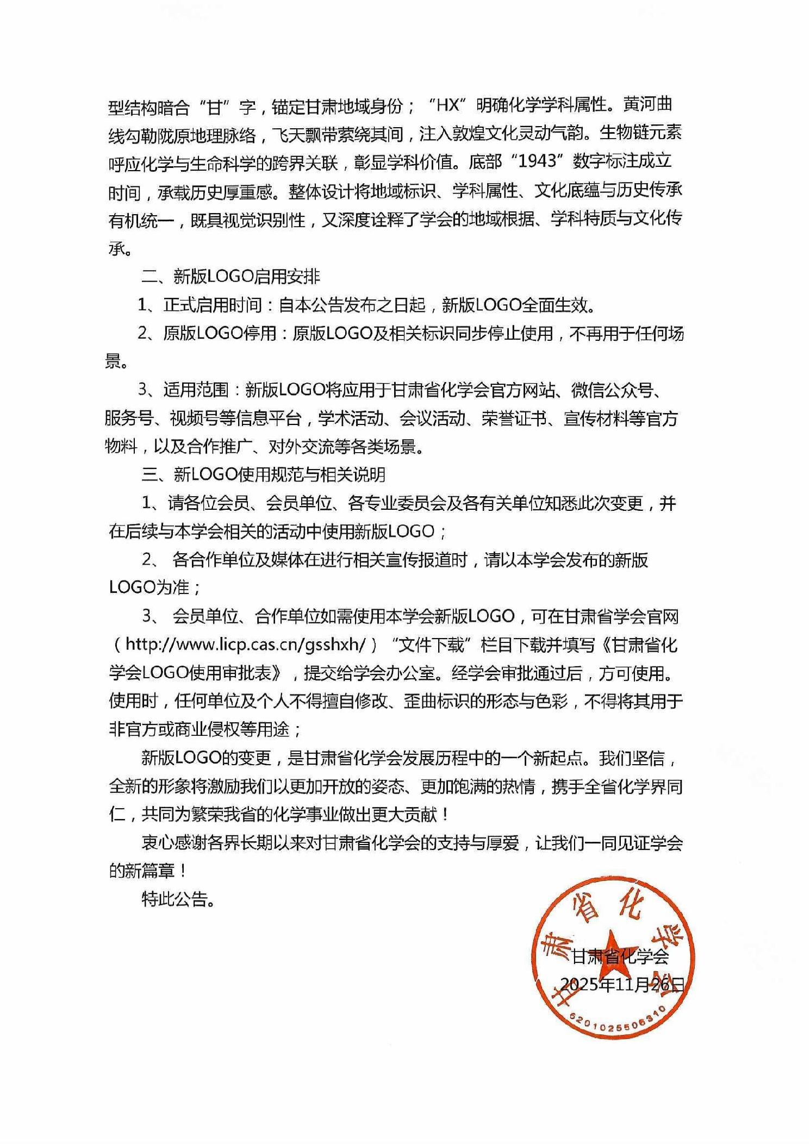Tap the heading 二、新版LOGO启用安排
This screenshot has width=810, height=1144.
tap(230, 276)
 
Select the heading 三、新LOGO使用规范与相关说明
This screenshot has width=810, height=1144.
tap(263, 474)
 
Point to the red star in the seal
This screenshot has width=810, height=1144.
tap(613, 946)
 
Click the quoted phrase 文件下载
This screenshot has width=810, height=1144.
tap(432, 645)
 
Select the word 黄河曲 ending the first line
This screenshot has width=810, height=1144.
tap(648, 104)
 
